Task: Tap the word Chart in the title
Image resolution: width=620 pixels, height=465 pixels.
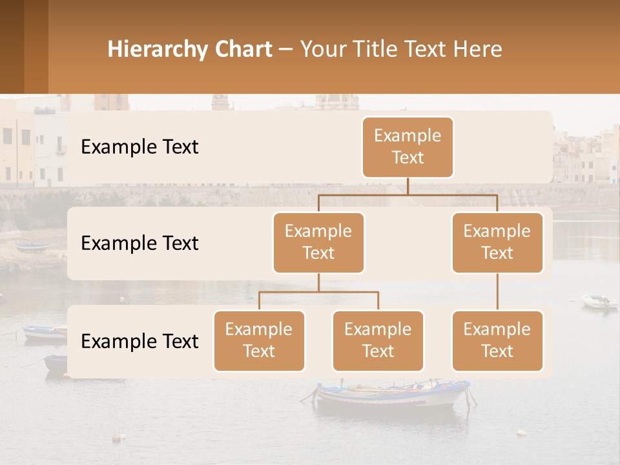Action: point(240,50)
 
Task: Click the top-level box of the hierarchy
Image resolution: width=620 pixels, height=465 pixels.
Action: point(408,147)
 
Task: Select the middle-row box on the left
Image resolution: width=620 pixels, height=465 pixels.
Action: point(318,242)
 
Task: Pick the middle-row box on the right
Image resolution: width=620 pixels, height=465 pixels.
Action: point(497,242)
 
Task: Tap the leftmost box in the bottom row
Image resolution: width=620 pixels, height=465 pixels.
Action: point(259,340)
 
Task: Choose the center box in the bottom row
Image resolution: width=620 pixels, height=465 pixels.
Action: point(378,340)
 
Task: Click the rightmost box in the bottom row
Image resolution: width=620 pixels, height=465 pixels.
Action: point(497,340)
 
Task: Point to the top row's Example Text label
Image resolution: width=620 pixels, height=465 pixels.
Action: point(139,147)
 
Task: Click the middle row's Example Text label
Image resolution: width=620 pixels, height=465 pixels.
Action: point(139,243)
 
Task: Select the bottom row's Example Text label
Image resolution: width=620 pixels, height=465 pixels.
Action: point(139,342)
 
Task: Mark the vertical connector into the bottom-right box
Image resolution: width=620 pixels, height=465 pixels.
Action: point(497,292)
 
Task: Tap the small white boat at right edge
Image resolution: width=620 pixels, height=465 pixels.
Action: point(599,302)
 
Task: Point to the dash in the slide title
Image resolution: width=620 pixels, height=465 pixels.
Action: point(286,50)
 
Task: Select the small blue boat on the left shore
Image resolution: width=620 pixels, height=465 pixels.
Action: point(32,247)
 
